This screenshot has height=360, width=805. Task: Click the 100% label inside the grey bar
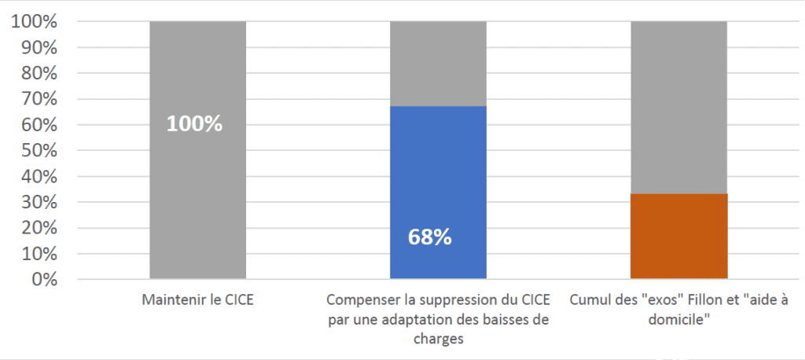pos(194,124)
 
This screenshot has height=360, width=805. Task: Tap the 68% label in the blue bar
pos(430,237)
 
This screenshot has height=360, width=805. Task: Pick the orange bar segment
pos(678,236)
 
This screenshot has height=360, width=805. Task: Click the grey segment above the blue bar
pos(438,63)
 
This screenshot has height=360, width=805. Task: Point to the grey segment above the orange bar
pos(678,106)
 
